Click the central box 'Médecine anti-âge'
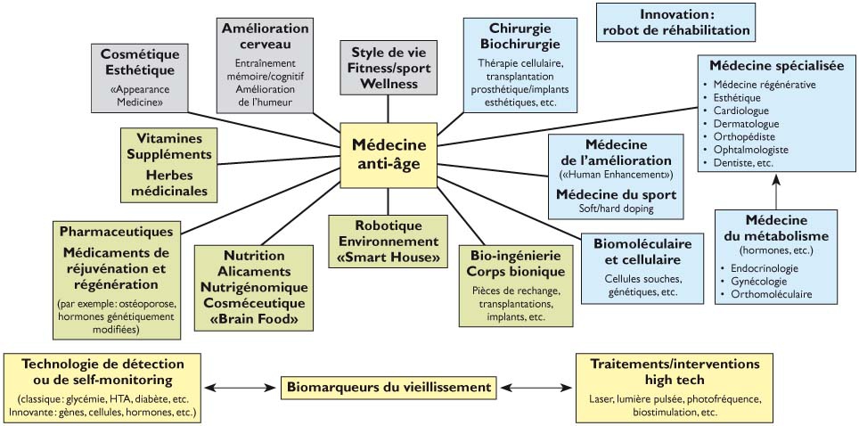389,154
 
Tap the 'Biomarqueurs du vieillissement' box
389,387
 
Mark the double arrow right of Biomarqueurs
536,387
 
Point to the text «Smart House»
388,258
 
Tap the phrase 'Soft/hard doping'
616,209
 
